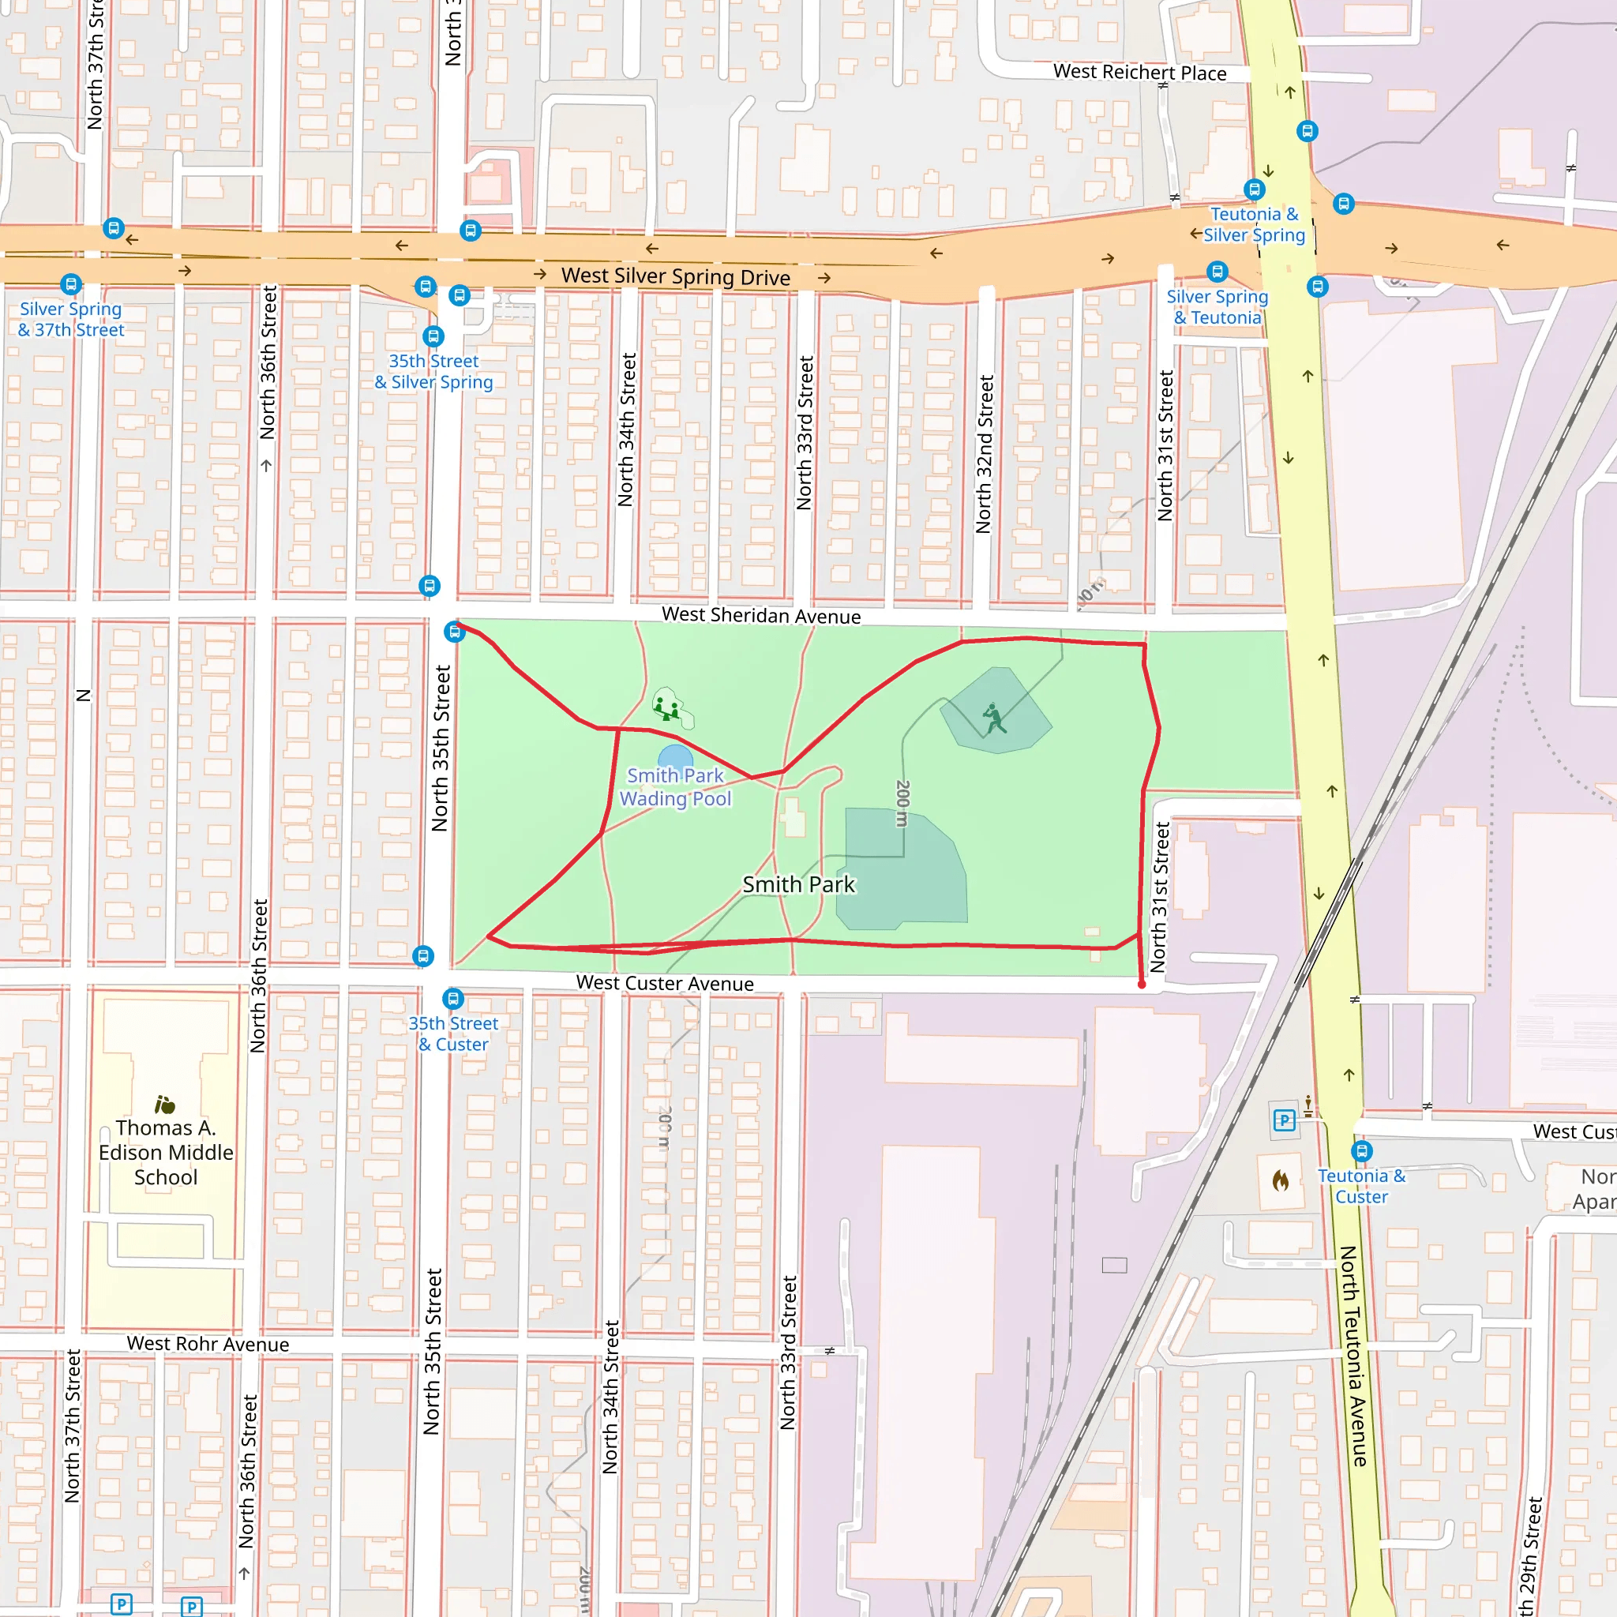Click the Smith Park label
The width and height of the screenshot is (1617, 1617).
798,884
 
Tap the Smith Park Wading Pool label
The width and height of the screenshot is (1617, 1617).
675,786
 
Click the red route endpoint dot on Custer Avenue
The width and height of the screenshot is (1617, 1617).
1142,985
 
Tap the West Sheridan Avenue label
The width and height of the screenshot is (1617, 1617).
761,615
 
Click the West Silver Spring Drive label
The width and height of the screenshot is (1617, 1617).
675,276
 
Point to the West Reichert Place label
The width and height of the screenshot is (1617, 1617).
1139,73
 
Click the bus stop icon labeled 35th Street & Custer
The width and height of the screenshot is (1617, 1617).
452,998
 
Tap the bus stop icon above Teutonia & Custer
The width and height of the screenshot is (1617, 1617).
1362,1151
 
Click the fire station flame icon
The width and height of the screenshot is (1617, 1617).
1281,1180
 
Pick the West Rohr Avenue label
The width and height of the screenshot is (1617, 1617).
208,1343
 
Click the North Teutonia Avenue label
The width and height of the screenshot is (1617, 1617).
1353,1356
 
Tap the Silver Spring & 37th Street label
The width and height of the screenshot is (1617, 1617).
71,319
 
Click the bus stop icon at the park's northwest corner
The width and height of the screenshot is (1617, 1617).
455,631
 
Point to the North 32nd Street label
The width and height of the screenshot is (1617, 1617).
985,454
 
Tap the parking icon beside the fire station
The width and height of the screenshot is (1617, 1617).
1284,1120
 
